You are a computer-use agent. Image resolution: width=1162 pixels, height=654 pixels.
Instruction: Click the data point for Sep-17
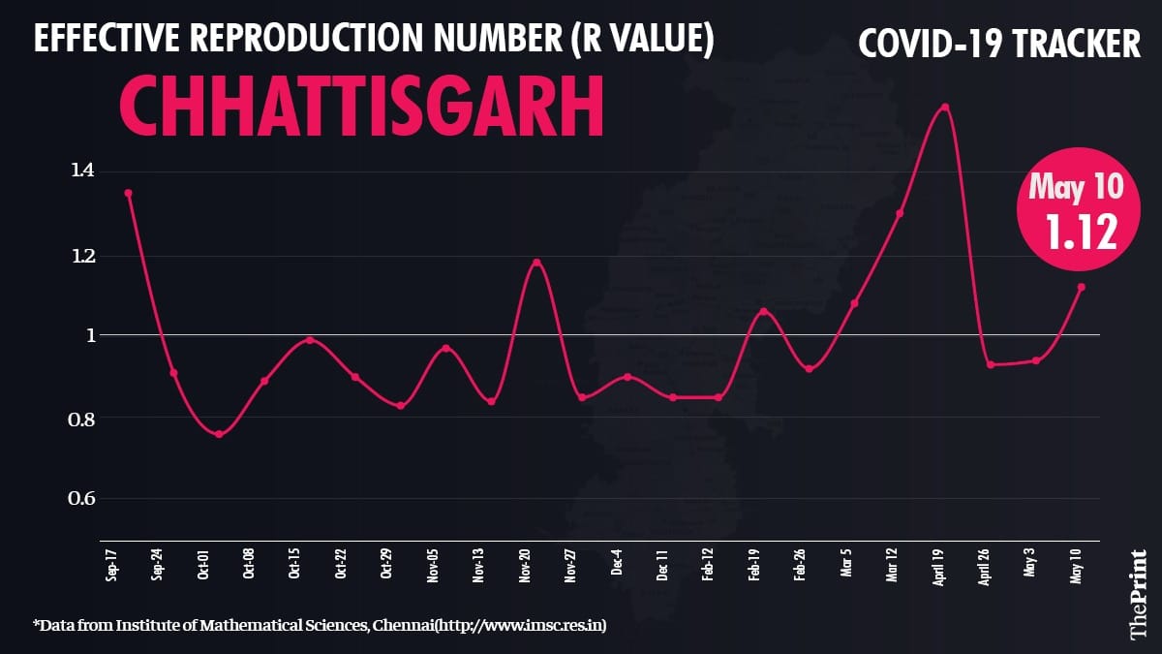click(128, 193)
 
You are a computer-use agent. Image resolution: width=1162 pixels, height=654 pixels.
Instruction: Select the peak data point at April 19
click(945, 107)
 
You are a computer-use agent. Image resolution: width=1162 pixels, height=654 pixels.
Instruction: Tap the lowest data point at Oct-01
click(219, 434)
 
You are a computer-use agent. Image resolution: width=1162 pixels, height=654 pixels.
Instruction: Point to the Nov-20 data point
click(536, 262)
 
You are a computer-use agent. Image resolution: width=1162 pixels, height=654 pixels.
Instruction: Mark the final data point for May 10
click(1082, 287)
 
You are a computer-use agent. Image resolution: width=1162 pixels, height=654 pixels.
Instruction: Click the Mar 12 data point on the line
click(900, 213)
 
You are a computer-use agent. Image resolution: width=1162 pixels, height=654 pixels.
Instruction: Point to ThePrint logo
click(1139, 593)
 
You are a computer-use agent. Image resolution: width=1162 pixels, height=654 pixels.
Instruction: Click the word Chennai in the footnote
click(398, 626)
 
